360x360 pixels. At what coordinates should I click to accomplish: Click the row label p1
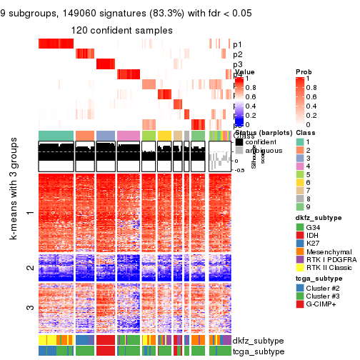(x=237, y=44)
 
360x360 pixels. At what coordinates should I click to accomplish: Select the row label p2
(x=237, y=54)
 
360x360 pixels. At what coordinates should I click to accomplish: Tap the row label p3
(x=237, y=64)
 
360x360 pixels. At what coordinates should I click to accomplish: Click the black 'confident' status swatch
(x=240, y=141)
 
